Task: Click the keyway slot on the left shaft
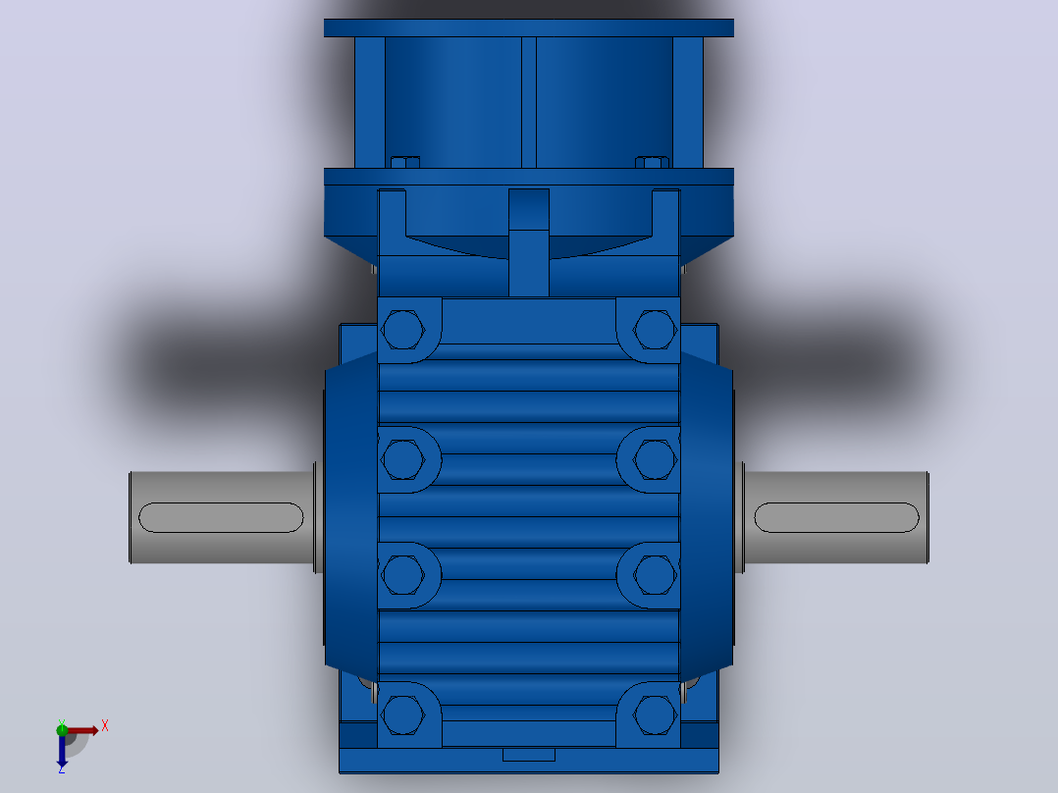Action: coord(221,517)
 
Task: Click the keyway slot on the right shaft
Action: coord(836,517)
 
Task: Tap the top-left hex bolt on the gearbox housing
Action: coord(402,330)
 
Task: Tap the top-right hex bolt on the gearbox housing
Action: coord(655,330)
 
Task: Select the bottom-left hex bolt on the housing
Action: coord(402,714)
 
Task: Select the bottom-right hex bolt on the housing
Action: coord(655,714)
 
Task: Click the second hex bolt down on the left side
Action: coord(402,459)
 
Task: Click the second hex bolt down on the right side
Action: coord(655,459)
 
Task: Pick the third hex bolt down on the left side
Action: coord(402,575)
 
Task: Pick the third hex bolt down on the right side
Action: coord(655,575)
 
